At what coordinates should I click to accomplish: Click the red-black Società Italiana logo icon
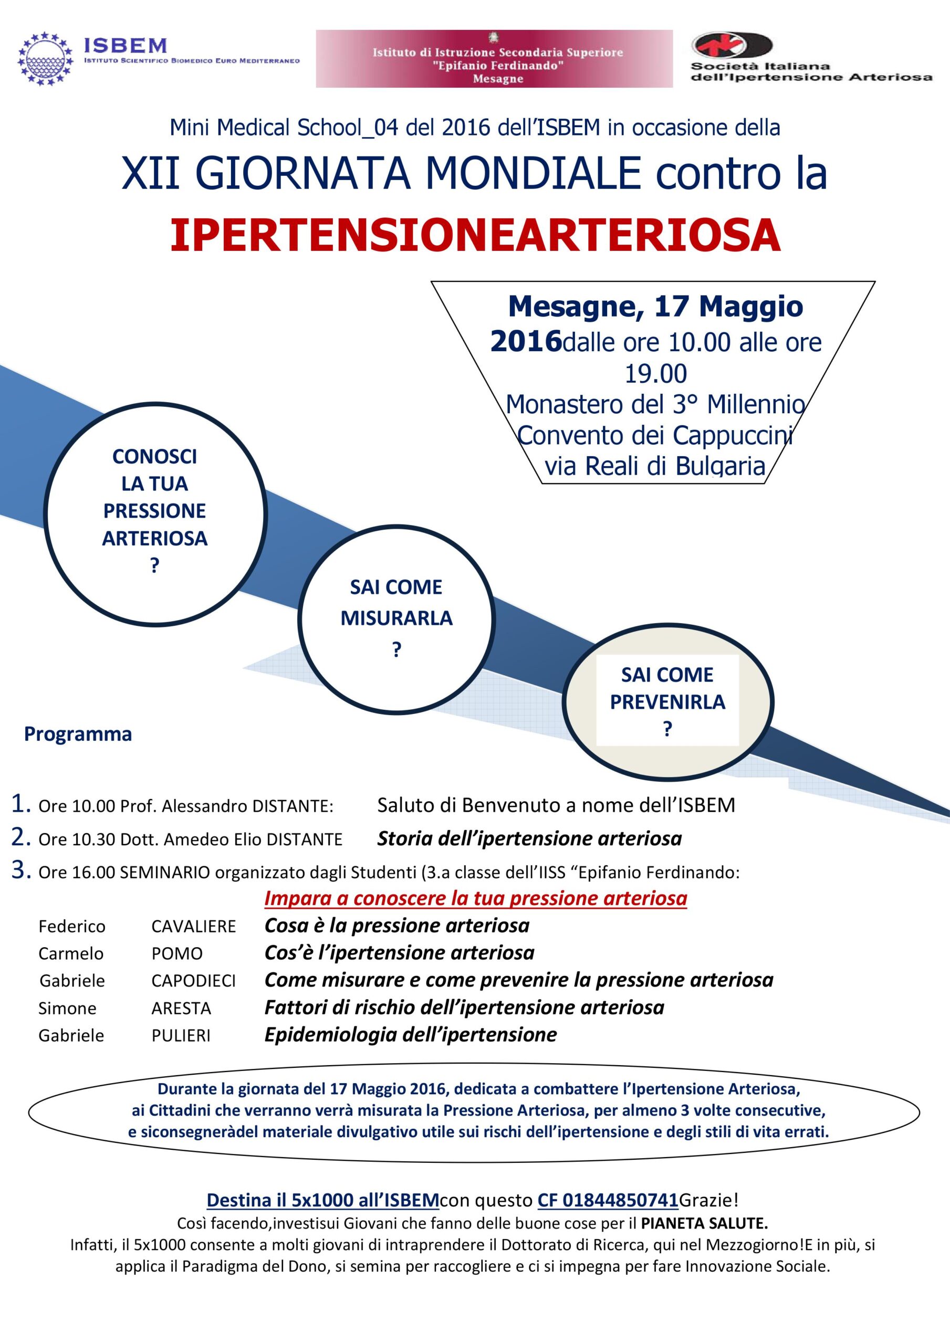click(x=732, y=46)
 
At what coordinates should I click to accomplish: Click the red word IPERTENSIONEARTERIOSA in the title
click(x=475, y=235)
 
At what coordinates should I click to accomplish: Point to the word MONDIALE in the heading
click(x=533, y=173)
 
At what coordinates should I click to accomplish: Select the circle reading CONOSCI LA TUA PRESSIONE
click(x=155, y=513)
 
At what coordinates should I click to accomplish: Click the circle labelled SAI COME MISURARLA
click(x=396, y=619)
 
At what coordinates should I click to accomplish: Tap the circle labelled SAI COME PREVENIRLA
click(x=667, y=701)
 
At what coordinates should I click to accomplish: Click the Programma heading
click(x=78, y=734)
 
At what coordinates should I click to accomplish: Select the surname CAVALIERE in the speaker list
click(x=193, y=927)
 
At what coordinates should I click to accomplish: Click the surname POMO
click(x=177, y=953)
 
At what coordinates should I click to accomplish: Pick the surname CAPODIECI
click(x=193, y=981)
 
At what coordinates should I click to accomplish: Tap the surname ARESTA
click(x=181, y=1008)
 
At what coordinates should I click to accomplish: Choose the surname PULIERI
click(x=181, y=1035)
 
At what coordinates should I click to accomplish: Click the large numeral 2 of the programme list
click(x=20, y=837)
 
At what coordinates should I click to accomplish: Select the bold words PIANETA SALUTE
click(x=704, y=1223)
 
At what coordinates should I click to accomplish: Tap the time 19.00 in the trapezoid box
click(x=655, y=374)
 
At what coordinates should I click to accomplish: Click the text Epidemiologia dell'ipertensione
click(x=410, y=1035)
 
